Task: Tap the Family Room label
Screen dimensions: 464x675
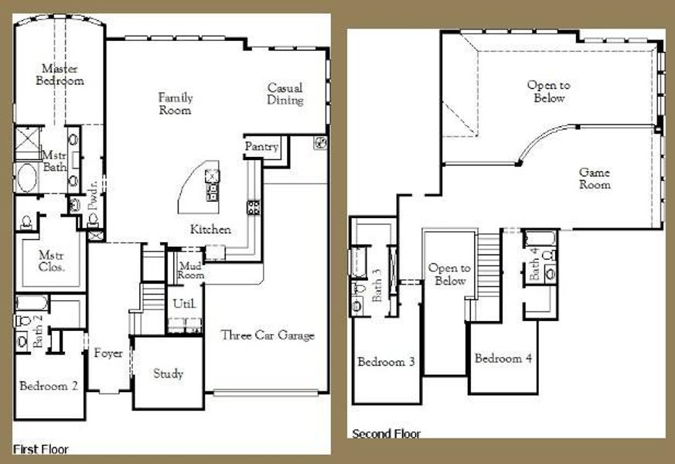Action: [176, 104]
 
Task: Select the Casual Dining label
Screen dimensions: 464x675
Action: [285, 94]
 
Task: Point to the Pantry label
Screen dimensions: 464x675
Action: [261, 147]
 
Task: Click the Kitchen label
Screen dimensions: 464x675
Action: [211, 230]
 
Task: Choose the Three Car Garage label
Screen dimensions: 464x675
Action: [268, 335]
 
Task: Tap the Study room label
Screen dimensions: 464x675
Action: [168, 374]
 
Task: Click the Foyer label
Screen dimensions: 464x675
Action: [109, 353]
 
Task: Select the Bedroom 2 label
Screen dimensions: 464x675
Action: [48, 386]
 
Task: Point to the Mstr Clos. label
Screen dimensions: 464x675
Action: [51, 261]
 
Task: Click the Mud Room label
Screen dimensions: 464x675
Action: [190, 270]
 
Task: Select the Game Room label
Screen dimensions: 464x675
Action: [595, 179]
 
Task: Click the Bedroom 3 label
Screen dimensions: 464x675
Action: [387, 362]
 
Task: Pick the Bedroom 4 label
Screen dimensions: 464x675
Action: [503, 359]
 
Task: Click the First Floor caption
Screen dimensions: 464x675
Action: [40, 449]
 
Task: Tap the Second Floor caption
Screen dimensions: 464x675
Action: [387, 434]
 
